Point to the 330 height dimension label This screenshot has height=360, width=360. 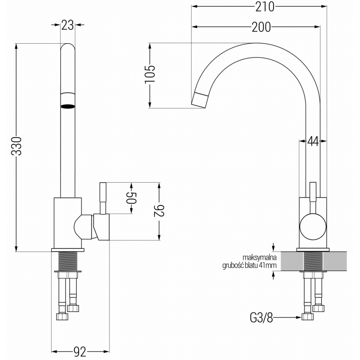point(16,146)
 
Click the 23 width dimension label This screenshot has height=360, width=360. point(67,26)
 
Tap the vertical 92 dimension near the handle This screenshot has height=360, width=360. point(158,211)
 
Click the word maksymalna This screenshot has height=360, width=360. point(259,257)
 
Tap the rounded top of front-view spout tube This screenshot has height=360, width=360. point(67,48)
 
